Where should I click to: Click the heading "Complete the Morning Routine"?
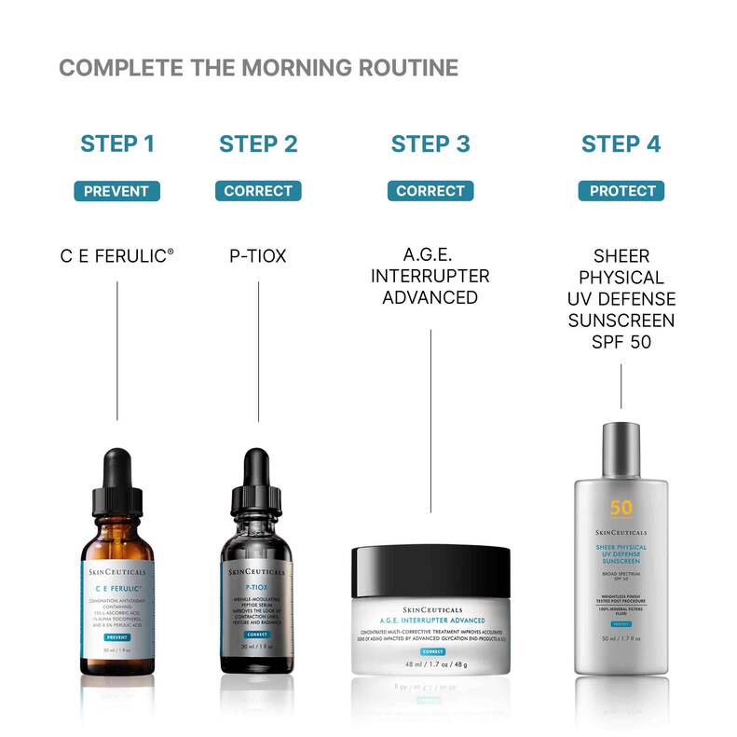click(x=258, y=68)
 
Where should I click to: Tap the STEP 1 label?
click(x=116, y=143)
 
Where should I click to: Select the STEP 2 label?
click(x=258, y=143)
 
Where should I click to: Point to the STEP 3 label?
click(x=430, y=143)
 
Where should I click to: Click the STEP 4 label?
click(x=621, y=143)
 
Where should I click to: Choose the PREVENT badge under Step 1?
click(x=116, y=191)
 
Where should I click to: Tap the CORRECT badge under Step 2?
click(x=258, y=191)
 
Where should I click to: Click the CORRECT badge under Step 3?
click(x=430, y=191)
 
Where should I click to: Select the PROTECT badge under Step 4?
click(x=621, y=191)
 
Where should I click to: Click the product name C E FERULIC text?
click(x=116, y=254)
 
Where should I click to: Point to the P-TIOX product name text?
click(x=258, y=254)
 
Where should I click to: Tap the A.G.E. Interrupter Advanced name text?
click(x=430, y=276)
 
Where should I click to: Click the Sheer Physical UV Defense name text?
click(x=621, y=298)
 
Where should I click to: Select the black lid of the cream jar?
click(x=430, y=571)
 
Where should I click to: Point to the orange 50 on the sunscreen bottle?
click(x=621, y=509)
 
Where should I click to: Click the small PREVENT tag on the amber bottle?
click(x=116, y=636)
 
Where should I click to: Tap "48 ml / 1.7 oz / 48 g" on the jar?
click(x=430, y=665)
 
